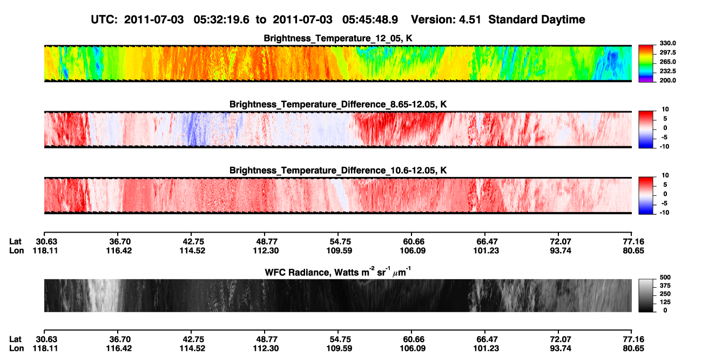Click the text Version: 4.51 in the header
click(446, 19)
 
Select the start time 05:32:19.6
click(221, 19)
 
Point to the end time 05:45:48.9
click(370, 19)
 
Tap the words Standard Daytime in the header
click(537, 19)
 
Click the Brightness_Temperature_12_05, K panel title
click(338, 38)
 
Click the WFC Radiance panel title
click(338, 272)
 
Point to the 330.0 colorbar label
click(667, 43)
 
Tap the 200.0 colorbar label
click(667, 80)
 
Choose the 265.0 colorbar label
click(667, 62)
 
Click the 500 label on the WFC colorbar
click(665, 277)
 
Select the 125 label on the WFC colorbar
click(665, 302)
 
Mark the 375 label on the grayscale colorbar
click(665, 286)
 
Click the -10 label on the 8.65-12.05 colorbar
click(664, 146)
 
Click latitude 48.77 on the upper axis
click(266, 242)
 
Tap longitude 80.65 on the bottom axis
click(633, 349)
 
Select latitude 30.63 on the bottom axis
click(46, 339)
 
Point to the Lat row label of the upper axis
click(15, 242)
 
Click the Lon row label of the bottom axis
click(17, 349)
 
